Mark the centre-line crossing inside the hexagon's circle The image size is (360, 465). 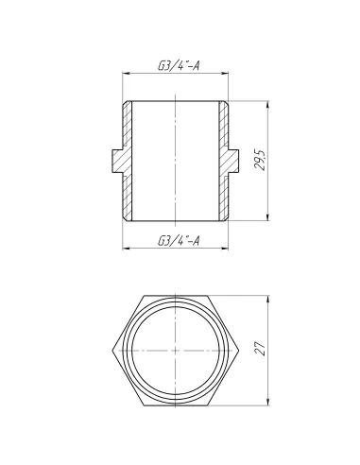coord(178,349)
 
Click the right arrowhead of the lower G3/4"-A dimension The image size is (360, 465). coord(231,250)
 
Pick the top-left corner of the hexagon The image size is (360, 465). coord(142,294)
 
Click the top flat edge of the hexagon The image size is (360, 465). coord(178,294)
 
